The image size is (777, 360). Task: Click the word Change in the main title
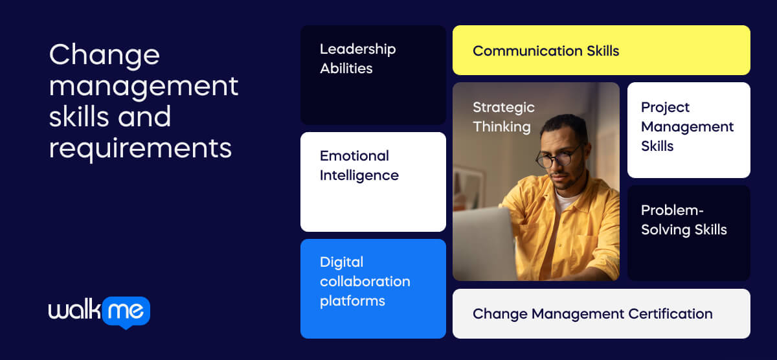coord(104,55)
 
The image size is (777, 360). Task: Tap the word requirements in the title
coord(140,148)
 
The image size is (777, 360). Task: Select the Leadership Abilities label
coord(357,58)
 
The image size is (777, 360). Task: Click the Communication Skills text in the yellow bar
coord(546,51)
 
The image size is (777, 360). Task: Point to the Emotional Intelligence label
coord(359,165)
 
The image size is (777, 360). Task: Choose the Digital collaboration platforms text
coord(365,281)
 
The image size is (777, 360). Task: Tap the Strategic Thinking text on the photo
coord(503,117)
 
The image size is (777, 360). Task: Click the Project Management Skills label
coord(687,126)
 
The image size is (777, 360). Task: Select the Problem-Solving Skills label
coord(683,220)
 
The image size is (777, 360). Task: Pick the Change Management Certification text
coord(592,314)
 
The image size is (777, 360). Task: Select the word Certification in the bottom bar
coord(671,314)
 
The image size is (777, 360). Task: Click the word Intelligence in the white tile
coord(359,175)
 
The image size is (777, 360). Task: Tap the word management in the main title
coord(144,86)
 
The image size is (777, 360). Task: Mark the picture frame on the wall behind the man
coord(467,188)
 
